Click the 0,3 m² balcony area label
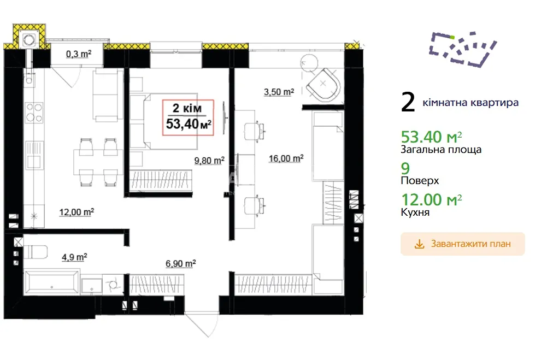point(79,54)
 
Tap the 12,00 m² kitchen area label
point(77,212)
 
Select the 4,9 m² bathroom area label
point(74,257)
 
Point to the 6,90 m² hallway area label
point(180,263)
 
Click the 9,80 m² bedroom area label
point(209,161)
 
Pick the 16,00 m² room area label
point(286,159)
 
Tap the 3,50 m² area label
point(279,92)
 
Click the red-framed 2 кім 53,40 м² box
point(188,117)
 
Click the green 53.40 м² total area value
point(431,137)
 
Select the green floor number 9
point(405,169)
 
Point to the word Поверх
point(420,181)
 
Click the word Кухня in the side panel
point(415,213)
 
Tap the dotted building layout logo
point(463,49)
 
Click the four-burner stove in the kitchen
point(34,112)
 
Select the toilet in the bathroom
point(35,252)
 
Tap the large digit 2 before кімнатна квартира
point(408,102)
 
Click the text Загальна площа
point(441,150)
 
